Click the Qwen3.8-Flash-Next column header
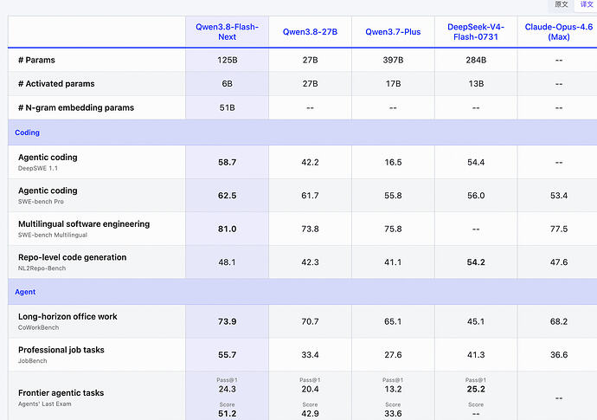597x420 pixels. click(x=227, y=32)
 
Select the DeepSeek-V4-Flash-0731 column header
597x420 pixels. click(x=476, y=32)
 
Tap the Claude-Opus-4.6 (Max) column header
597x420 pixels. click(x=559, y=32)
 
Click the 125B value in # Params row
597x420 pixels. click(x=228, y=61)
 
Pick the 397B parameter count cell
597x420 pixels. click(x=393, y=61)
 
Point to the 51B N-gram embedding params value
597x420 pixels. click(x=227, y=108)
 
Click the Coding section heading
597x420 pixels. click(x=27, y=132)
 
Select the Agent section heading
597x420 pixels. click(x=25, y=292)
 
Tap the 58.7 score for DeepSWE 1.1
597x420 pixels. click(x=227, y=162)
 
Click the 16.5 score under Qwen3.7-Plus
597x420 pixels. click(x=393, y=162)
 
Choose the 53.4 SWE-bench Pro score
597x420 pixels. click(x=559, y=196)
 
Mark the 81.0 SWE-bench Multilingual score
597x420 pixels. click(x=227, y=229)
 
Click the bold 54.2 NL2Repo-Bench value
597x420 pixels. click(x=476, y=262)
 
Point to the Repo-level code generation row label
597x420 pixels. click(x=73, y=257)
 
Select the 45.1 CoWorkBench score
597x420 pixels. click(x=476, y=321)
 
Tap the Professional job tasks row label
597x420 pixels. click(x=61, y=350)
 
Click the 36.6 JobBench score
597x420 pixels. click(x=559, y=355)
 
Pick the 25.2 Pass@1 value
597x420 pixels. click(x=476, y=389)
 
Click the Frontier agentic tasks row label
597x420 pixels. click(x=61, y=393)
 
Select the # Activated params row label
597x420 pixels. click(x=56, y=84)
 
